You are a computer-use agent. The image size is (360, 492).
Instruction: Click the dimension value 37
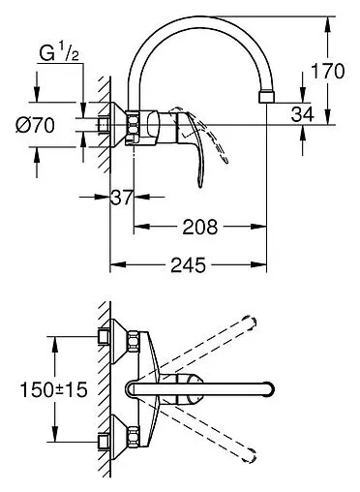(121, 198)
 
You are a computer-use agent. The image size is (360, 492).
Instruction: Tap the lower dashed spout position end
(253, 450)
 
